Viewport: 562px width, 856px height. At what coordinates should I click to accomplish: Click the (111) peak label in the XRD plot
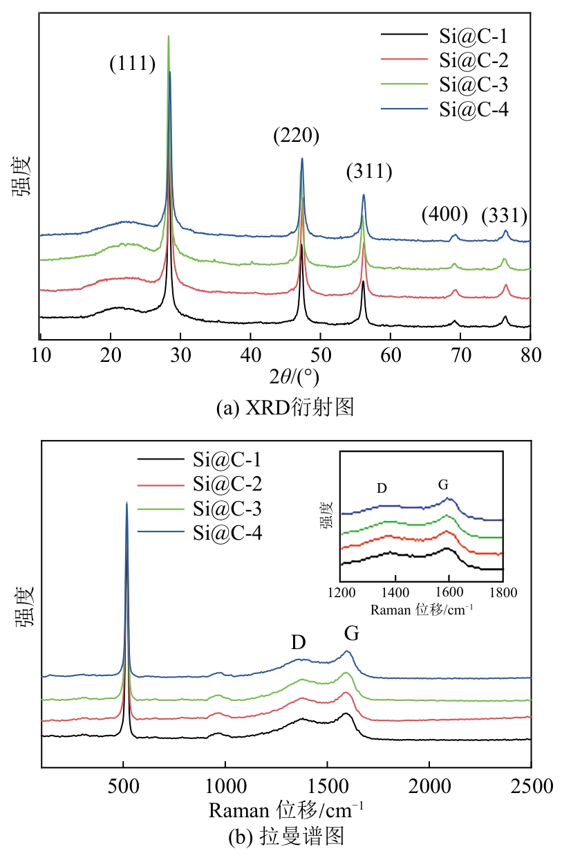[x=132, y=64]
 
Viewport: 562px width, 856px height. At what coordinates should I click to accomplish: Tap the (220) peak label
[x=296, y=136]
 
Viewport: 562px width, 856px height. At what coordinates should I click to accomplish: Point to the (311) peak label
[x=369, y=172]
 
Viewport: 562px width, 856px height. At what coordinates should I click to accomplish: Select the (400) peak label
[x=444, y=215]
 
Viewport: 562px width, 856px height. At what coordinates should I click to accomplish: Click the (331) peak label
[x=504, y=217]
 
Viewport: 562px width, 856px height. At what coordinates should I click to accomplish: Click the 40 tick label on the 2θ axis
[x=250, y=356]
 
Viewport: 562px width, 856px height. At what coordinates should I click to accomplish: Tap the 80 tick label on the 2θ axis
[x=530, y=356]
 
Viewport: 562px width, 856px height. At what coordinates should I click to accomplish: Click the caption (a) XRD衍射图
[x=285, y=408]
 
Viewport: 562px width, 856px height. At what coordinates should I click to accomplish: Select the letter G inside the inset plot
[x=443, y=485]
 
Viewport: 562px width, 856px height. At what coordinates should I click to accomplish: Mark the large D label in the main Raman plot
[x=298, y=642]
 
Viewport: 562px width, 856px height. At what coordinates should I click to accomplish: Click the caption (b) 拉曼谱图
[x=285, y=837]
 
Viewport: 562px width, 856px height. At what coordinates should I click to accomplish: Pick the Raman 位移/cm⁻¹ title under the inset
[x=421, y=610]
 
